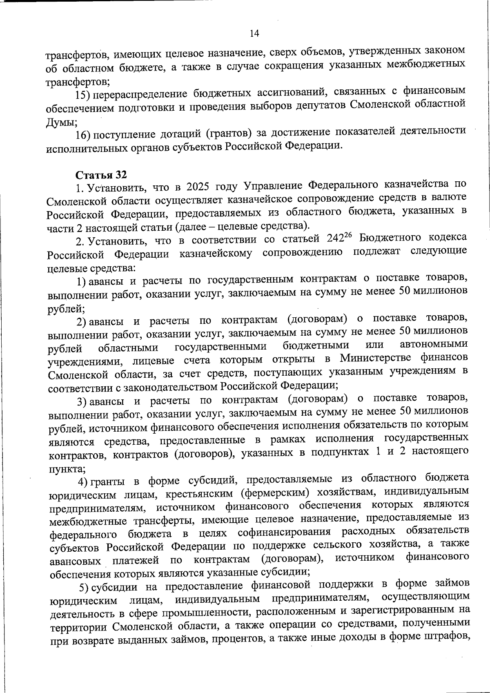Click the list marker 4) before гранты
[86, 481]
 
